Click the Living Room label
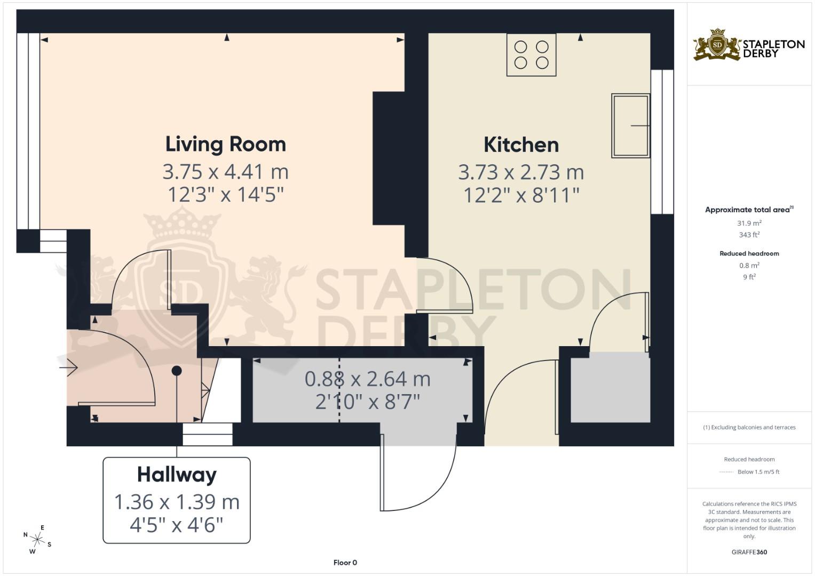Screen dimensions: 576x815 coord(225,144)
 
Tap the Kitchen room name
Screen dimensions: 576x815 coord(521,145)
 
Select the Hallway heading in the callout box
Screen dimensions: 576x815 coord(177,474)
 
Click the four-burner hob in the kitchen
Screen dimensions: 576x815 coord(531,54)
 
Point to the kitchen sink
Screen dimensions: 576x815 coord(630,126)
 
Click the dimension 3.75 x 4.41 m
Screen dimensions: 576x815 coord(225,172)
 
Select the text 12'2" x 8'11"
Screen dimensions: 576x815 coord(521,195)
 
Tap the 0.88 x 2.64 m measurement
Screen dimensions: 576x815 coord(367,379)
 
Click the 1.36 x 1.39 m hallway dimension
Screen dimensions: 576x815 coord(177,502)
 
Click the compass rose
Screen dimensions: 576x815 coord(37,540)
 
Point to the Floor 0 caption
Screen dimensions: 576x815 coord(345,563)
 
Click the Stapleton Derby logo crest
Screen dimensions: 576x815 coord(717,45)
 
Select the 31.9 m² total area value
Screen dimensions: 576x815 coord(749,223)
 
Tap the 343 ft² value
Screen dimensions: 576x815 coord(749,235)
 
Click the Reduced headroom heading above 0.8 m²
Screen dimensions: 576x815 coord(749,253)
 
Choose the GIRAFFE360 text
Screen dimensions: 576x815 coord(749,552)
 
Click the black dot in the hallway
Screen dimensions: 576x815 coord(177,371)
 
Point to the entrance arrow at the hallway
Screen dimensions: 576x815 coord(68,368)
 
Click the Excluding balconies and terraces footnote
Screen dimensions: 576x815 coord(749,427)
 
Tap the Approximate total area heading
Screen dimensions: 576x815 coord(747,210)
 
